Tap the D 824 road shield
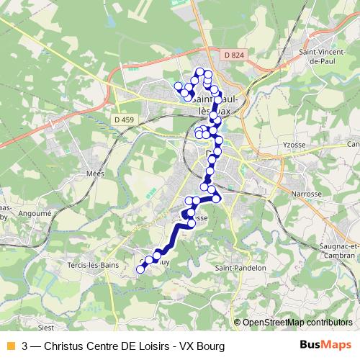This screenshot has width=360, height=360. pyautogui.click(x=232, y=54)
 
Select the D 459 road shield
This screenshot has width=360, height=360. pyautogui.click(x=124, y=118)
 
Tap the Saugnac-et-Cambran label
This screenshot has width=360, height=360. pyautogui.click(x=338, y=250)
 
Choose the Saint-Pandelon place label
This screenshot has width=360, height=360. pyautogui.click(x=241, y=267)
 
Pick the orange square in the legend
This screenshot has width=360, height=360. pyautogui.click(x=9, y=346)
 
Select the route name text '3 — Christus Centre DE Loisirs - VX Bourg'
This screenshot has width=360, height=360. pyautogui.click(x=123, y=346)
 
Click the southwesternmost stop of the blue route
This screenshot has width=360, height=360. pyautogui.click(x=140, y=269)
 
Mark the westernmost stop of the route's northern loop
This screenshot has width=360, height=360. pyautogui.click(x=178, y=86)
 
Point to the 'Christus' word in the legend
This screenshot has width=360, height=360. pyautogui.click(x=64, y=346)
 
